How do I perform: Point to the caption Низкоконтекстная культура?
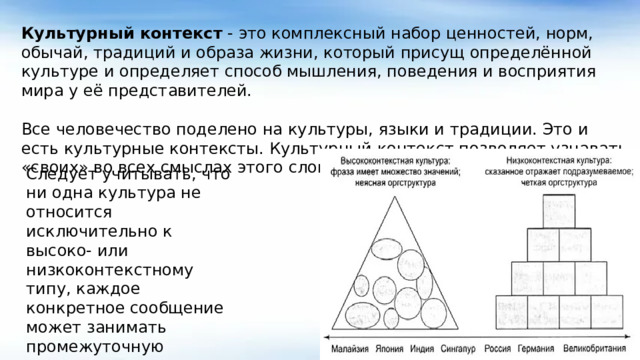pos(558,160)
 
